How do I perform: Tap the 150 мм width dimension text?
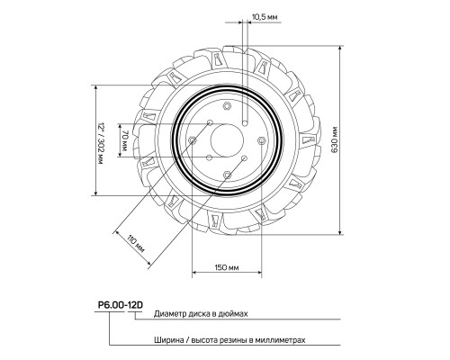[x=226, y=268]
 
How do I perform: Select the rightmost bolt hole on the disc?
[x=260, y=139]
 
